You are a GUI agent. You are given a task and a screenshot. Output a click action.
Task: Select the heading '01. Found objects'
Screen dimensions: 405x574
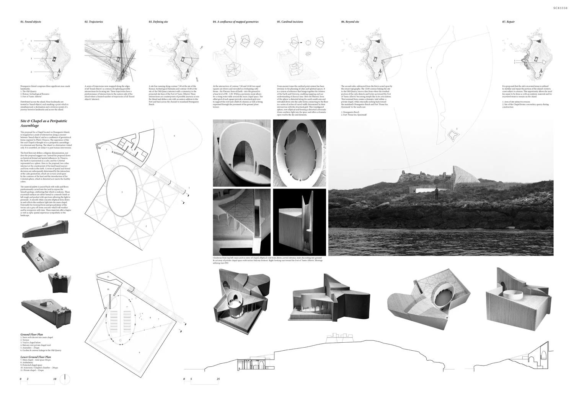pyautogui.click(x=31, y=22)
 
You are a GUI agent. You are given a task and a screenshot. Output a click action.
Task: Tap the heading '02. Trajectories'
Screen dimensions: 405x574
pyautogui.click(x=94, y=22)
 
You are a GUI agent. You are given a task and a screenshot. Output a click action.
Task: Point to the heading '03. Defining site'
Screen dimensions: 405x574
pyautogui.click(x=158, y=22)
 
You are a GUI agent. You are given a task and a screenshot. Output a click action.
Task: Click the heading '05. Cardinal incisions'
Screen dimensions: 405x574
pyautogui.click(x=290, y=22)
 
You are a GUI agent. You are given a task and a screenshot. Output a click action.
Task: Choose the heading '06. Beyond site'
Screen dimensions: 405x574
pyautogui.click(x=350, y=22)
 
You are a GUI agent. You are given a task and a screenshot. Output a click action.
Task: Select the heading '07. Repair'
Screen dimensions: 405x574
pyautogui.click(x=508, y=22)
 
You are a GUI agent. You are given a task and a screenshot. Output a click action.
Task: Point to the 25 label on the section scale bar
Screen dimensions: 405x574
pyautogui.click(x=218, y=379)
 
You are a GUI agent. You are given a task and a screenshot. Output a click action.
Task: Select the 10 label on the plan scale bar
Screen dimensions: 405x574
pyautogui.click(x=55, y=379)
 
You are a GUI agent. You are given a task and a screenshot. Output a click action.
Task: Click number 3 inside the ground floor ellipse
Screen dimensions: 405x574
pyautogui.click(x=122, y=192)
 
